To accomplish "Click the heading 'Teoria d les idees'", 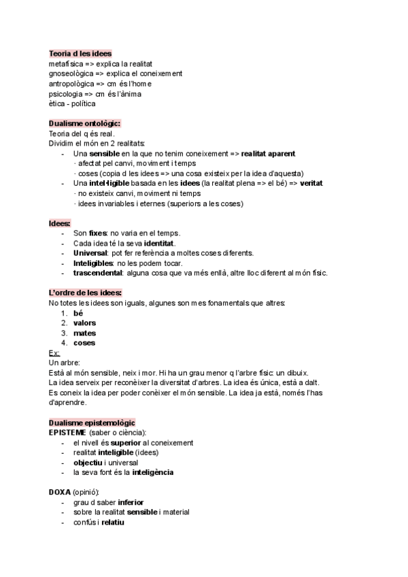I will point(80,53).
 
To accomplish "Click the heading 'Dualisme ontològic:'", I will point(84,123).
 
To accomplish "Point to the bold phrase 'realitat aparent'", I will point(268,154).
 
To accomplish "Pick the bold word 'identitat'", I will point(159,243).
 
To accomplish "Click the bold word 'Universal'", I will point(90,253).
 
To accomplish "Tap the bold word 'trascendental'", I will point(97,273).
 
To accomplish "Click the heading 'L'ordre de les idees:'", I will point(85,293).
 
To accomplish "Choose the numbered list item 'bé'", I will point(78,313).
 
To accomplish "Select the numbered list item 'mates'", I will point(84,333).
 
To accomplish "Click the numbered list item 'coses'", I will point(84,343).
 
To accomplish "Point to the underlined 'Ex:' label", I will point(54,352).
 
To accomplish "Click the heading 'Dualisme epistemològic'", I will point(92,423).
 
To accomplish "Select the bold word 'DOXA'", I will point(60,492).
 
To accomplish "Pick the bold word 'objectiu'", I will point(88,463).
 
